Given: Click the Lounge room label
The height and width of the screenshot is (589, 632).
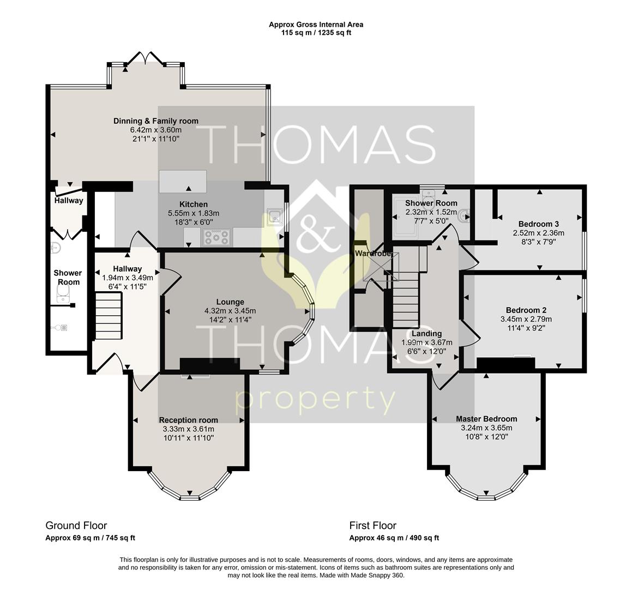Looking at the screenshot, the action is (230, 302).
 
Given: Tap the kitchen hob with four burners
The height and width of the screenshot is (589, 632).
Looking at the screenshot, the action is (217, 237).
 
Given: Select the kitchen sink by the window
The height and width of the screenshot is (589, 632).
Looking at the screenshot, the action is (274, 217).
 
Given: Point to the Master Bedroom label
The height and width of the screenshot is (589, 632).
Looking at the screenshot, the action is (486, 419).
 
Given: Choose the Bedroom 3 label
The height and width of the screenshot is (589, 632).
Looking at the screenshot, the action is (539, 224).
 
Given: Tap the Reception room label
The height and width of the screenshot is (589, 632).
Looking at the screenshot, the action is (188, 420).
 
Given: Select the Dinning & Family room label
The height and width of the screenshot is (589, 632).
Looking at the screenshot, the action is (155, 121).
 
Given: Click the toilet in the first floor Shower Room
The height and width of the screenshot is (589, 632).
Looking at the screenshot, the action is (465, 216).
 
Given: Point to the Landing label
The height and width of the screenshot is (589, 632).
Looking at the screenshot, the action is (426, 334).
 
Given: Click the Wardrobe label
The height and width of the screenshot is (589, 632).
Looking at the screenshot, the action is (373, 254).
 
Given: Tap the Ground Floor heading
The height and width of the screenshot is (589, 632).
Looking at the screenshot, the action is (76, 526).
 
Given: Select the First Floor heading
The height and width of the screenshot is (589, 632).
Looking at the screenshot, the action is (373, 526).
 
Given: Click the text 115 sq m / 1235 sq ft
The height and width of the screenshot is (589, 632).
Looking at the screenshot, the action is (316, 33).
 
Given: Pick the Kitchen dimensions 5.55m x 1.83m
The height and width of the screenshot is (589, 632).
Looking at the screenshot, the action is (194, 213).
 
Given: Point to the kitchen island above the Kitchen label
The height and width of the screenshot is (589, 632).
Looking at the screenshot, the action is (183, 182).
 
